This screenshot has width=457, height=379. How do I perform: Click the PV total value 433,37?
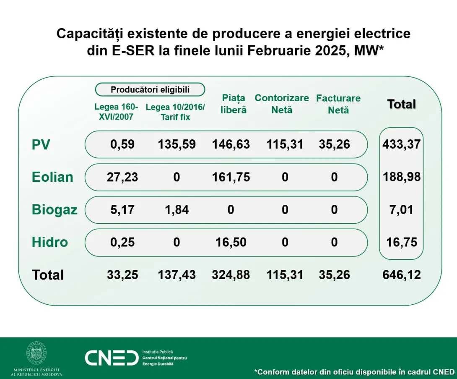tap(401, 144)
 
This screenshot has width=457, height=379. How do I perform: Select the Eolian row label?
tap(52, 177)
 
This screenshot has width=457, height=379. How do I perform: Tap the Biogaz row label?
tap(55, 209)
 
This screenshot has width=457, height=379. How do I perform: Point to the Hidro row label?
tap(50, 242)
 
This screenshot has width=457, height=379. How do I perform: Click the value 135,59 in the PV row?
tap(177, 144)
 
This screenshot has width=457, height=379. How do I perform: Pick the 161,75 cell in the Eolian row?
tap(231, 177)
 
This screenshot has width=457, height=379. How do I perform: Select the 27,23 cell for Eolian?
tap(122, 177)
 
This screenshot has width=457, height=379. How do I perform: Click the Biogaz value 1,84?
tap(177, 209)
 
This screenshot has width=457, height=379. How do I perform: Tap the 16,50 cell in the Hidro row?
tap(231, 242)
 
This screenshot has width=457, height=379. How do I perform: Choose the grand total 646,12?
tap(402, 275)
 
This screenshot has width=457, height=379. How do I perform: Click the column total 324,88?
tap(231, 275)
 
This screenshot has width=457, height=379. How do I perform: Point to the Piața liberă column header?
tap(234, 104)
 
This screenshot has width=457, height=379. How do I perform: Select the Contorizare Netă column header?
tap(282, 104)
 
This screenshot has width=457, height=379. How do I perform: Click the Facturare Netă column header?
tap(338, 104)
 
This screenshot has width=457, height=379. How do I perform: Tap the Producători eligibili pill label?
tap(150, 89)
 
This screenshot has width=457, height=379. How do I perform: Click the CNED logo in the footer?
tap(112, 357)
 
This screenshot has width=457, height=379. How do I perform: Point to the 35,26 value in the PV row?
tap(334, 144)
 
